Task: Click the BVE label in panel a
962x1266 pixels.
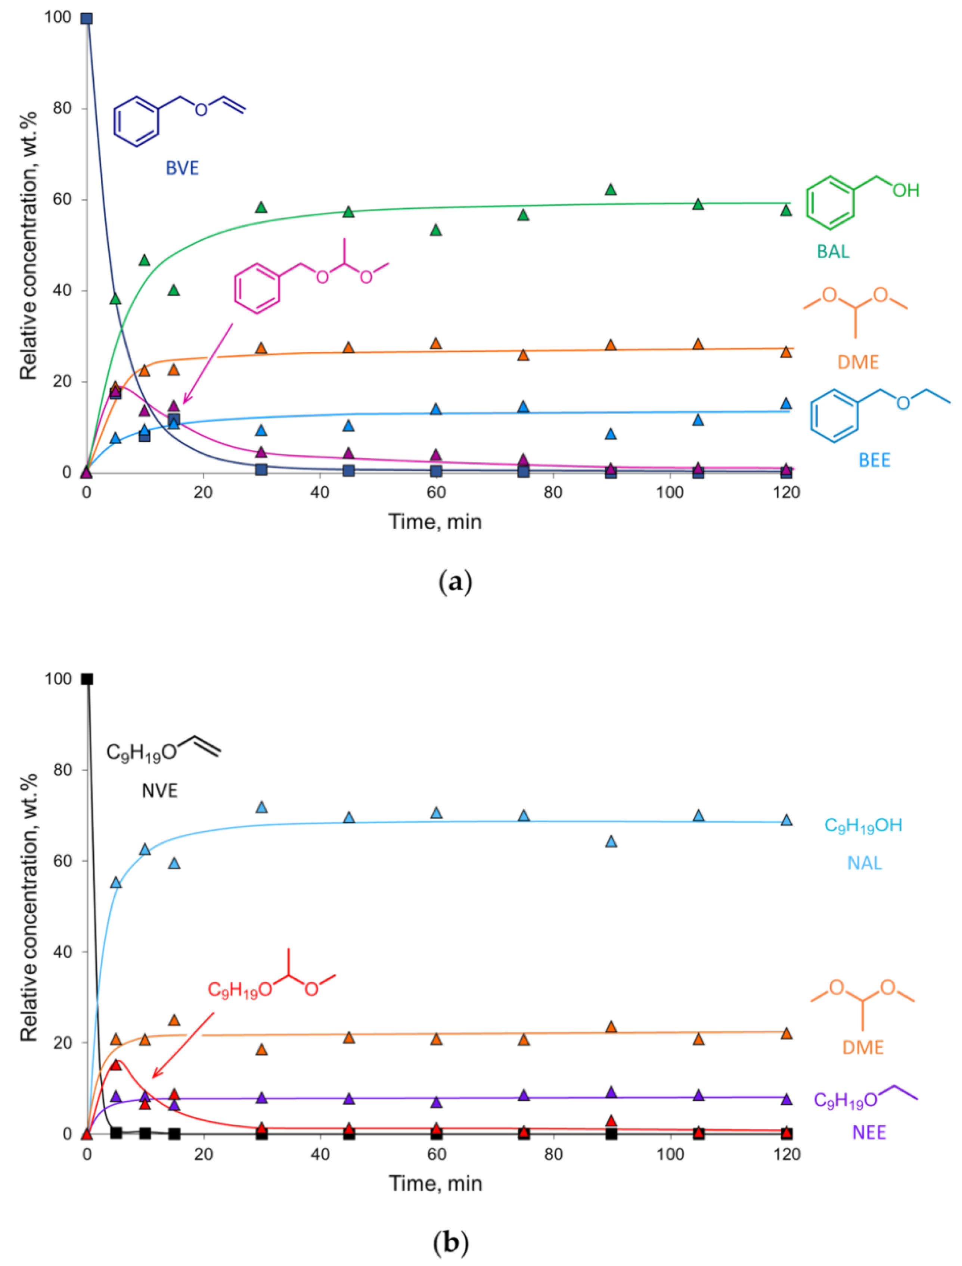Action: tap(182, 168)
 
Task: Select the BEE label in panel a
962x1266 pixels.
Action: tap(874, 460)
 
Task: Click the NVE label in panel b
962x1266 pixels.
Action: tap(160, 791)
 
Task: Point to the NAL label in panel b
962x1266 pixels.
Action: tap(864, 863)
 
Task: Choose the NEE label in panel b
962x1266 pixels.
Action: tap(869, 1133)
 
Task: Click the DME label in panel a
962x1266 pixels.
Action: tap(858, 362)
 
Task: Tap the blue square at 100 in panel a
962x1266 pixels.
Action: tap(87, 19)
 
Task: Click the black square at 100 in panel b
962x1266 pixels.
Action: tap(87, 679)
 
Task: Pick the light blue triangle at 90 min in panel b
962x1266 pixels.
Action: tap(611, 841)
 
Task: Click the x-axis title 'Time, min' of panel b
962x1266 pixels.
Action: tap(435, 1183)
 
